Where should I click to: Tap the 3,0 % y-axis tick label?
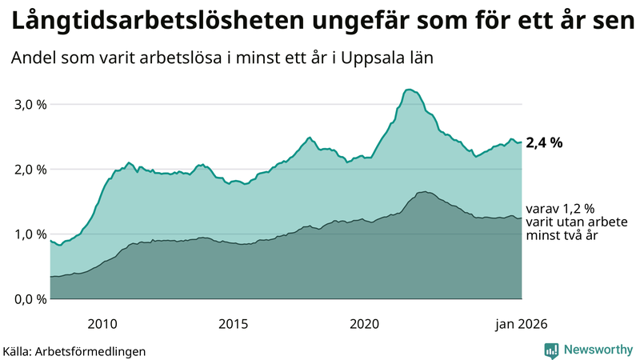30,105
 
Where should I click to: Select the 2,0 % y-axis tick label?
30,170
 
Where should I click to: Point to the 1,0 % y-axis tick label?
30,234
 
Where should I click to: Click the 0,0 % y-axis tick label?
30,299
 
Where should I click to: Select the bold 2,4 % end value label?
544,143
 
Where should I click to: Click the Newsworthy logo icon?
551,350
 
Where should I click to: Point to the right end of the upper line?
522,142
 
